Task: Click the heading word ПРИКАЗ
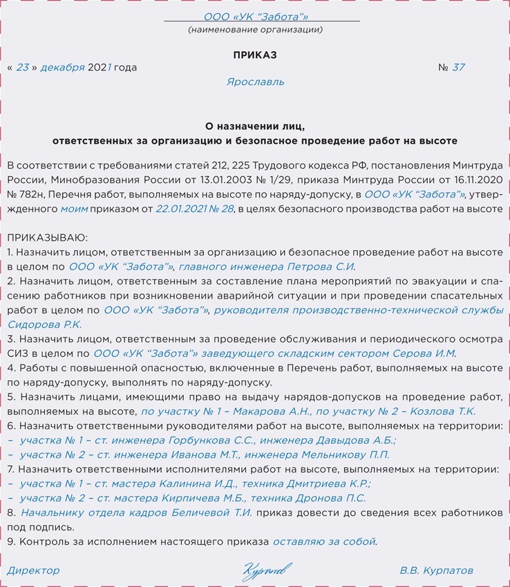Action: (x=255, y=55)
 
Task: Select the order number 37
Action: (x=458, y=68)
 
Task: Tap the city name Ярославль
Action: (x=255, y=82)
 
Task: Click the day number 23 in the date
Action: (x=23, y=68)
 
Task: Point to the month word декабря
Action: (x=62, y=68)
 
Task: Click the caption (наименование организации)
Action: (x=255, y=30)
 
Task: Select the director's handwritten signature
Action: (x=265, y=571)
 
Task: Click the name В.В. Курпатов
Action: (x=437, y=570)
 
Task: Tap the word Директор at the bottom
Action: (x=33, y=570)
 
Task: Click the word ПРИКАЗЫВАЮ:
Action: (x=48, y=237)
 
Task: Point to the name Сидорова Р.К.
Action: (x=44, y=324)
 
